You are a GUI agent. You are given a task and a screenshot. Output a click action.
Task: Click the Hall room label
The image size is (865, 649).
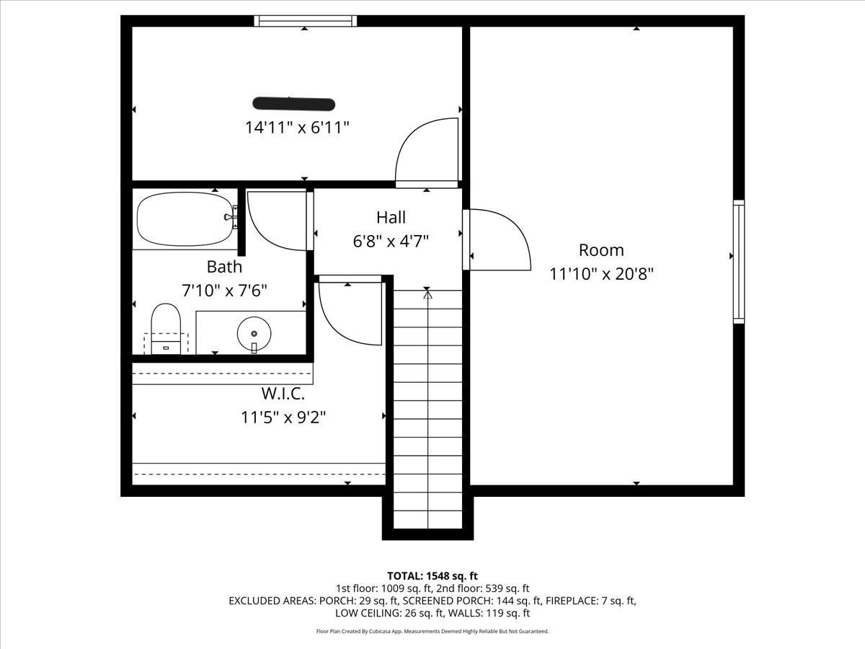pyautogui.click(x=391, y=217)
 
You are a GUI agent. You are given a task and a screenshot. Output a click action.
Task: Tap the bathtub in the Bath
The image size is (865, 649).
pyautogui.click(x=185, y=219)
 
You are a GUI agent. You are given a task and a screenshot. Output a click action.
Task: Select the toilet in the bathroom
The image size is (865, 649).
pyautogui.click(x=166, y=327)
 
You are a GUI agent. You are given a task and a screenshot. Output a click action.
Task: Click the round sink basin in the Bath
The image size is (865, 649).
pyautogui.click(x=254, y=333)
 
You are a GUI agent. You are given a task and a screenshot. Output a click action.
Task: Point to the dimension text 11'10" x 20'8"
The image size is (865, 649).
pyautogui.click(x=601, y=274)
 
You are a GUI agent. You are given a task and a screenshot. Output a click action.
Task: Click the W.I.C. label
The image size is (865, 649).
pyautogui.click(x=283, y=394)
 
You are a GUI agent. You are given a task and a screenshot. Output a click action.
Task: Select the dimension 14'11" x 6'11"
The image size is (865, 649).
pyautogui.click(x=297, y=128)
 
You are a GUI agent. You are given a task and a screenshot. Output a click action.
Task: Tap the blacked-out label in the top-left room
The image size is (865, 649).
pyautogui.click(x=293, y=104)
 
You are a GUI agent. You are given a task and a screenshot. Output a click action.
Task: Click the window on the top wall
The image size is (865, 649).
pyautogui.click(x=306, y=21)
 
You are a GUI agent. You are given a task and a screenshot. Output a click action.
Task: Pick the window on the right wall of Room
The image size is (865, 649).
pyautogui.click(x=738, y=261)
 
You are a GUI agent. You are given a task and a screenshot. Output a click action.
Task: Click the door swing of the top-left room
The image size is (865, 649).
pyautogui.click(x=425, y=151)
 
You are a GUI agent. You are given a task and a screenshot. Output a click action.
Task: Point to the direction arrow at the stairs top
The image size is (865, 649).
pyautogui.click(x=427, y=293)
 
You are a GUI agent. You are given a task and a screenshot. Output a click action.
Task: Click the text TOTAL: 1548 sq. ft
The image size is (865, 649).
pyautogui.click(x=432, y=575)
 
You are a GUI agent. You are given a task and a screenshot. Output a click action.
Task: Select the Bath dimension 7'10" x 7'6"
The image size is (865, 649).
pyautogui.click(x=224, y=291)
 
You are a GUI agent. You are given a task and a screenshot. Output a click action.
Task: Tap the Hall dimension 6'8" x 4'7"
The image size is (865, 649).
pyautogui.click(x=391, y=241)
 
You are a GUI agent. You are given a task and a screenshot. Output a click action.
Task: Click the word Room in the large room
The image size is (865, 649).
pyautogui.click(x=601, y=250)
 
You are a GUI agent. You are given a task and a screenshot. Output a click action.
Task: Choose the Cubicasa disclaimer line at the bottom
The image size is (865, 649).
pyautogui.click(x=432, y=631)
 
